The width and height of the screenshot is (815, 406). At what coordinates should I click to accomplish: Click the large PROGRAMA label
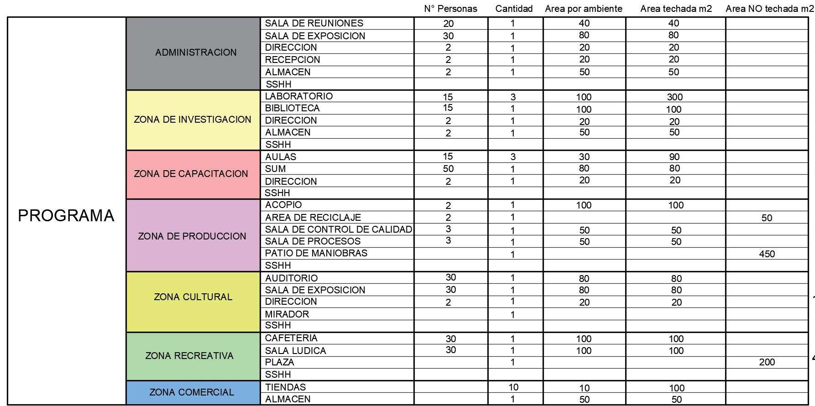pos(66,215)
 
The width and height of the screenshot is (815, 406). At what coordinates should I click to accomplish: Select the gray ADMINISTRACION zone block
pos(196,52)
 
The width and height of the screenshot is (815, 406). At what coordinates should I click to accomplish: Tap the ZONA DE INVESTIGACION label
pos(193,120)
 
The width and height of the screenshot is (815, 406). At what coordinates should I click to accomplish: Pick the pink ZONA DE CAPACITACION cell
pos(191,174)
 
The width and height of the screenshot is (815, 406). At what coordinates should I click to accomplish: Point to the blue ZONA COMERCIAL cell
pos(192,392)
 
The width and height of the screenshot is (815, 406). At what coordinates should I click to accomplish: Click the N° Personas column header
pos(450,9)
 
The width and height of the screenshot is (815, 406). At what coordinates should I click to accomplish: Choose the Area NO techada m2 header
pos(769,9)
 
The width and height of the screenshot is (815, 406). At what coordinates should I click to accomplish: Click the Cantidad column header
pos(514,9)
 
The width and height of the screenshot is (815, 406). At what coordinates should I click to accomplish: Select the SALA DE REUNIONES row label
pos(314,23)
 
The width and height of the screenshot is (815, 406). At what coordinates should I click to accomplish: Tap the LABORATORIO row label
pos(299,96)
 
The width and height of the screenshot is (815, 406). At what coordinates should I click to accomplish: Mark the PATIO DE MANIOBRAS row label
pos(316,253)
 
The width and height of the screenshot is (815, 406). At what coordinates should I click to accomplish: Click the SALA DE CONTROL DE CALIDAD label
pos(338,229)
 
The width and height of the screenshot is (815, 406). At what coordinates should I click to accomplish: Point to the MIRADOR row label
pos(287,314)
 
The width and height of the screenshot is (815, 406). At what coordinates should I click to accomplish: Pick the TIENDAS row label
pos(285,387)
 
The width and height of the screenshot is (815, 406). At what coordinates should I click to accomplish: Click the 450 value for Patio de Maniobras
pos(767,254)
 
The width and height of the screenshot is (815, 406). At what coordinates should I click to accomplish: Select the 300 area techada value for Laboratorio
pos(674,97)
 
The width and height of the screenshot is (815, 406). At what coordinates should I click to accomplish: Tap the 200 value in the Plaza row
pos(767,362)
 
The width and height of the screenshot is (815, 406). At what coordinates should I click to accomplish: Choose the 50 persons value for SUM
pos(448,169)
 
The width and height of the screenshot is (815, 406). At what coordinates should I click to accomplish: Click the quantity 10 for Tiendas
pos(513,387)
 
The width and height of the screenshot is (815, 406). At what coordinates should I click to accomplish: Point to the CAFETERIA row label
pos(291,338)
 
